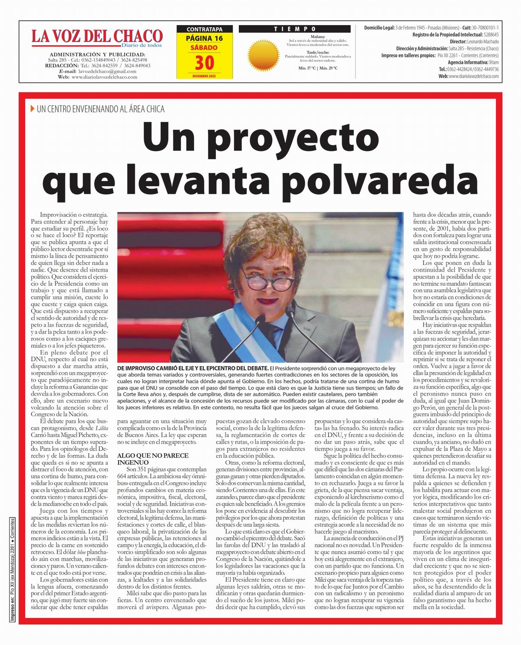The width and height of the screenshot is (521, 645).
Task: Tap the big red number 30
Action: point(204,63)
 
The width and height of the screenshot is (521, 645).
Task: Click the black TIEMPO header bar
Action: point(295,29)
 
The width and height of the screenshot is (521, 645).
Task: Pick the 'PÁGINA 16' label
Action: point(204,38)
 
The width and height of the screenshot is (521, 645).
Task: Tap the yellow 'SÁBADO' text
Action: point(204,47)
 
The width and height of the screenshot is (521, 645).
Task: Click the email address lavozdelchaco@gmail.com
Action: point(107,71)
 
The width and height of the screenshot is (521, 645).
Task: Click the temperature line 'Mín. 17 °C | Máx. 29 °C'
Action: point(318,68)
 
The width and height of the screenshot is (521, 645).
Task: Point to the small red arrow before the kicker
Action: point(33,109)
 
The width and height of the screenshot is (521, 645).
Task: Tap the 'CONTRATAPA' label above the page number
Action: point(204,29)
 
